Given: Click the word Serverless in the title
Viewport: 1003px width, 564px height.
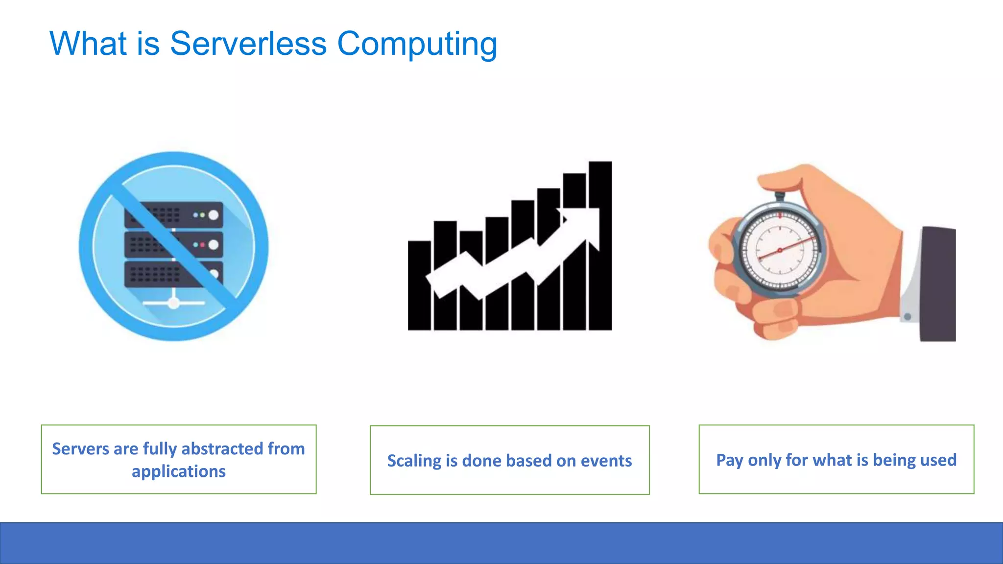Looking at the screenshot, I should pos(248,44).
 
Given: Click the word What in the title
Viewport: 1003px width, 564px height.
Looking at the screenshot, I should pos(88,44).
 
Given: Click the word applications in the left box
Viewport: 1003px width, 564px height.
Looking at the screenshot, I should pos(178,471).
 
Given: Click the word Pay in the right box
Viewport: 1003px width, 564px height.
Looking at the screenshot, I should pos(729,460).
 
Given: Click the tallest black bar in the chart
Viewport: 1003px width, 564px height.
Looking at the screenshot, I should pos(600,274).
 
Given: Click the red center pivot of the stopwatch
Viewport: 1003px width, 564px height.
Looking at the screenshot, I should pos(780,250).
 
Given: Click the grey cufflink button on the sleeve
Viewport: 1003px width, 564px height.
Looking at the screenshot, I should pos(907,317).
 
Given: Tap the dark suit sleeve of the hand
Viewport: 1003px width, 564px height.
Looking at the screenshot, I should pos(938,284).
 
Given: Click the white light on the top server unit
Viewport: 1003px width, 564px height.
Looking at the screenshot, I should pos(214,215).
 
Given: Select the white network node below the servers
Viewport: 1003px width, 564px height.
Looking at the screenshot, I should pos(173,303).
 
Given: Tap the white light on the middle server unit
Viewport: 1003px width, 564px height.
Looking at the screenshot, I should pos(214,245).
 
